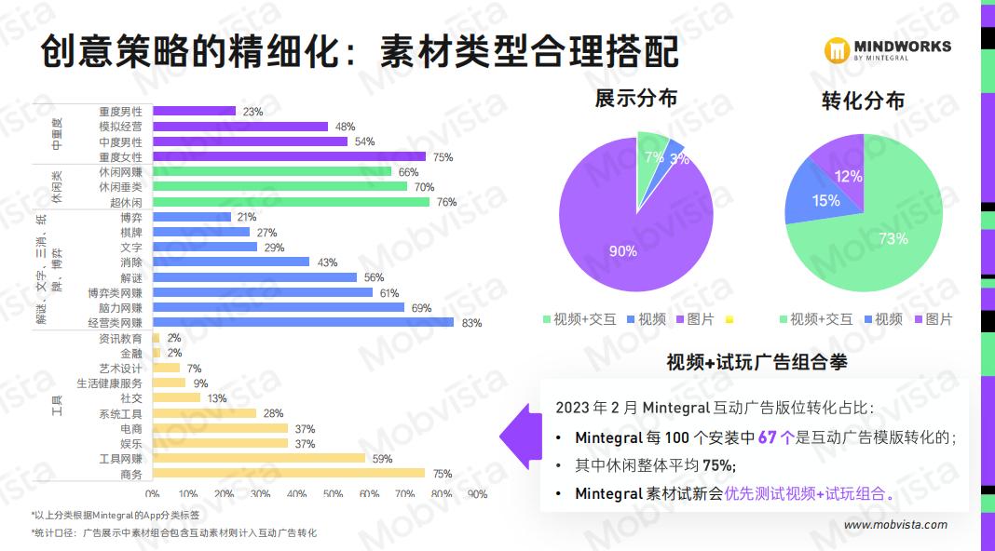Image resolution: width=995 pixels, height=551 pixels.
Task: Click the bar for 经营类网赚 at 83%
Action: [303, 322]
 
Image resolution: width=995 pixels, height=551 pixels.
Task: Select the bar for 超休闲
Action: [291, 202]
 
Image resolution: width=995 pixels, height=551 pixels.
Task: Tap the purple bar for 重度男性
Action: [194, 111]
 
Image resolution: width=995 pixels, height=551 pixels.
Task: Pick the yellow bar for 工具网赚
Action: [259, 458]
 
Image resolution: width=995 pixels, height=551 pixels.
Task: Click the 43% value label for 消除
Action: [327, 262]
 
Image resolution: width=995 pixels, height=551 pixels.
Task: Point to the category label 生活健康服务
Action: [109, 383]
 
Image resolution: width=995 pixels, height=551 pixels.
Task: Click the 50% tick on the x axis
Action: [333, 494]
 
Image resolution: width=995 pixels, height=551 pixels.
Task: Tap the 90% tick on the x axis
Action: [477, 494]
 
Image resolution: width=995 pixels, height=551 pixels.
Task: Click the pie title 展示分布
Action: [636, 99]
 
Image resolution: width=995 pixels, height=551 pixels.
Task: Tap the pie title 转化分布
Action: [863, 101]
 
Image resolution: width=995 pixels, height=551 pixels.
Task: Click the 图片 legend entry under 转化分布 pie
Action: [936, 318]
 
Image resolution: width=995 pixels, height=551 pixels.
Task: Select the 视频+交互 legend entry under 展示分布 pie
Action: [579, 318]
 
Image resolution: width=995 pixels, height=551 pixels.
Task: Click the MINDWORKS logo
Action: [890, 49]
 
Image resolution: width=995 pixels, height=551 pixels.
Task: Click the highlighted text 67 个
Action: [775, 437]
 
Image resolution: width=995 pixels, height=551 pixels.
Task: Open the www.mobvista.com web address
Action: [895, 525]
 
